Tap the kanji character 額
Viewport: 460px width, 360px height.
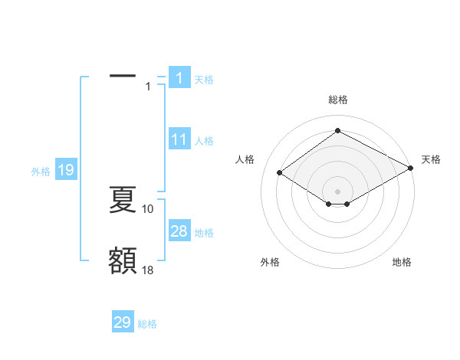123,261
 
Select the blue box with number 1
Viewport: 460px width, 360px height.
179,77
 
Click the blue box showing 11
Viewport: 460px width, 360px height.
179,139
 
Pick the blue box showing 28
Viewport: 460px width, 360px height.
179,231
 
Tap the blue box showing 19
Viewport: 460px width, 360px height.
66,170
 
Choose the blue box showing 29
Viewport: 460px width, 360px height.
123,322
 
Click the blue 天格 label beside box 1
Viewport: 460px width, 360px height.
204,79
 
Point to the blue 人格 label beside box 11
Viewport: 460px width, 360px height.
204,141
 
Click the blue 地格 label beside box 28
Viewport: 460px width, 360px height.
204,232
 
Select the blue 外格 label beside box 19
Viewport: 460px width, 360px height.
41,172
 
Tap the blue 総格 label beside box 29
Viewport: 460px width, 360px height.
147,324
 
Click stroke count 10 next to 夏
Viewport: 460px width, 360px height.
148,208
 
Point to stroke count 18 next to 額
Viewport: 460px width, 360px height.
148,270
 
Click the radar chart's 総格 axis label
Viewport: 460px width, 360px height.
337,100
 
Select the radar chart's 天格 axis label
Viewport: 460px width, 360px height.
431,159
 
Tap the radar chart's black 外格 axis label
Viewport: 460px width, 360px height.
270,263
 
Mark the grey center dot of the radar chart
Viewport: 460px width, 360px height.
337,191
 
